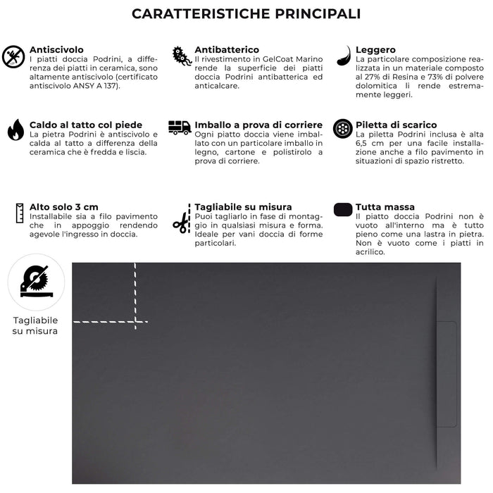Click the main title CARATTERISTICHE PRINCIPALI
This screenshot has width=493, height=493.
tap(246, 14)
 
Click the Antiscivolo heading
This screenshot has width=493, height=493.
tap(56, 50)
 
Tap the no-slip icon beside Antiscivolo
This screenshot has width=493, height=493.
tap(14, 56)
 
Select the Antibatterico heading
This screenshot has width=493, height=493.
tap(227, 50)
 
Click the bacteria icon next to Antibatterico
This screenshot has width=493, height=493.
tap(182, 56)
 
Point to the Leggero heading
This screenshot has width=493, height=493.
tap(375, 50)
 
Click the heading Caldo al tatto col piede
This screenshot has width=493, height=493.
tap(85, 125)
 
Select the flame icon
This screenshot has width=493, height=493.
tap(15, 130)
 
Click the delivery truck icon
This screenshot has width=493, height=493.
tap(180, 127)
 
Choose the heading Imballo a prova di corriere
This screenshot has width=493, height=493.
tap(258, 125)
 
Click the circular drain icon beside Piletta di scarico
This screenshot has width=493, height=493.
tap(342, 128)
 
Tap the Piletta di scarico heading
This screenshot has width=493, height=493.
tap(396, 125)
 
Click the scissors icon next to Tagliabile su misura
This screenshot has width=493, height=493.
tap(181, 222)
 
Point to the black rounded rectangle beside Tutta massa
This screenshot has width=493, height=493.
tap(342, 209)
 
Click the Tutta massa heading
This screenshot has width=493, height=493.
tap(385, 207)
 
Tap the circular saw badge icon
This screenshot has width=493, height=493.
tap(35, 282)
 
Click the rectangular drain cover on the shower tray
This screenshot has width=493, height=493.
tap(447, 374)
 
